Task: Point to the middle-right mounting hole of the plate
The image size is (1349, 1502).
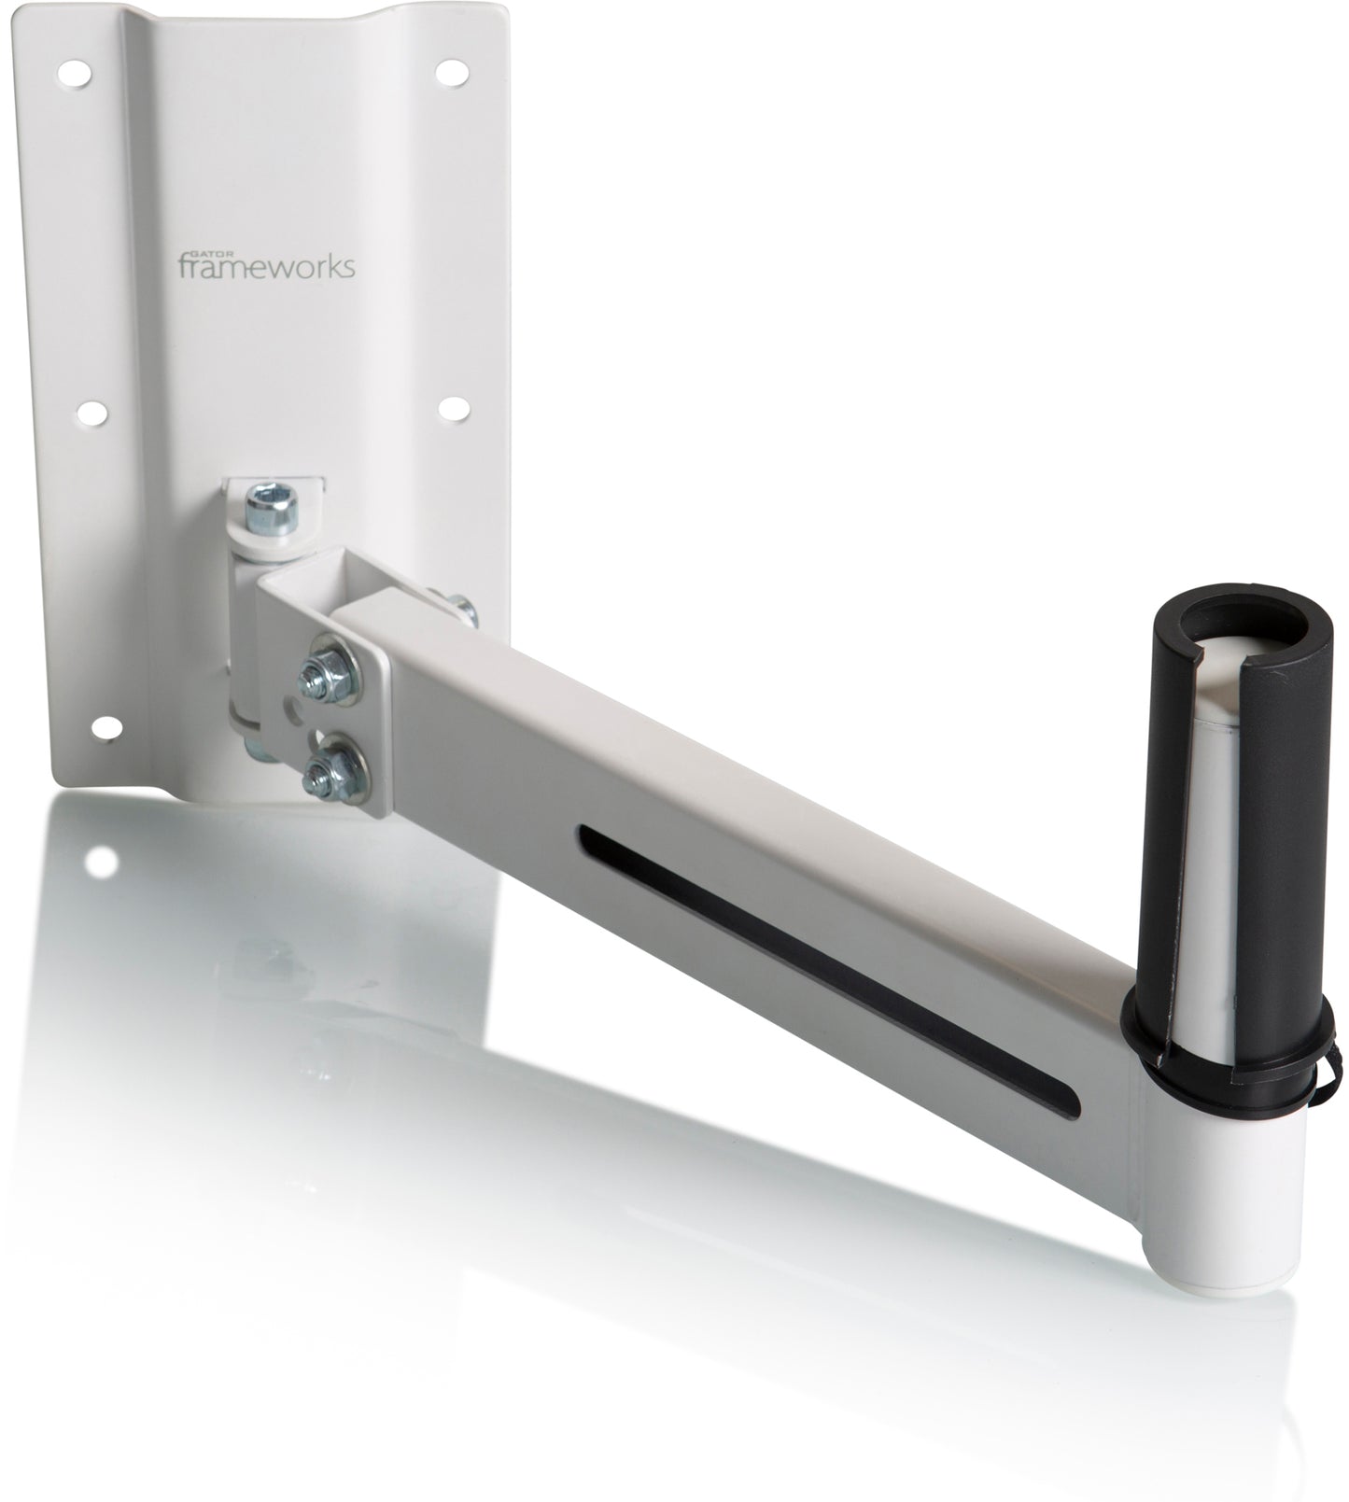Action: [454, 407]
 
